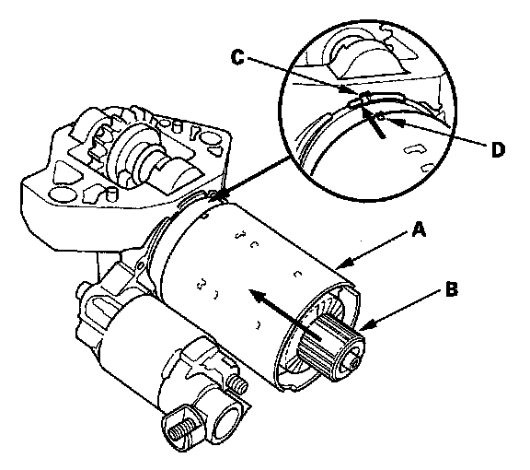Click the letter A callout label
pos(419,229)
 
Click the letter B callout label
pos(452,289)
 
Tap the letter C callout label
pos(237,57)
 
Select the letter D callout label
pos(498,149)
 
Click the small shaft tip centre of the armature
pos(354,364)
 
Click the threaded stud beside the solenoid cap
pos(237,384)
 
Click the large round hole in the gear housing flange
pos(63,194)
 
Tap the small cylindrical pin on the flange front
pos(111,194)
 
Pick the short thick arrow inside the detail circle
pos(373,119)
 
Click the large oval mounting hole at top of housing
pos(210,137)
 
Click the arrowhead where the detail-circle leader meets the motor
pos(221,195)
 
